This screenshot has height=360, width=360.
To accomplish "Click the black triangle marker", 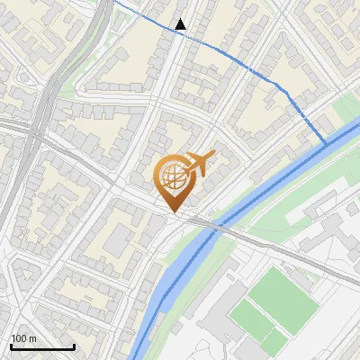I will click(x=181, y=24).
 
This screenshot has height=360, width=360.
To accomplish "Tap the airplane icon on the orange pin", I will click(x=200, y=163).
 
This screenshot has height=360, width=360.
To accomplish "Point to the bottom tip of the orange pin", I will click(x=172, y=213).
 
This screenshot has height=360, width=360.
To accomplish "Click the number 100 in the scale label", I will click(x=19, y=338).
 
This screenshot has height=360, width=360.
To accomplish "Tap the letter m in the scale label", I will click(x=32, y=338).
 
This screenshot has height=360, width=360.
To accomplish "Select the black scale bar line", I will click(x=42, y=346).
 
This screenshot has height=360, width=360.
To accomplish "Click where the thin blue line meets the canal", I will click(x=327, y=143).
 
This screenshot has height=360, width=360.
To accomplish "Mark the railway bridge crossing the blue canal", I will click(x=209, y=226).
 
